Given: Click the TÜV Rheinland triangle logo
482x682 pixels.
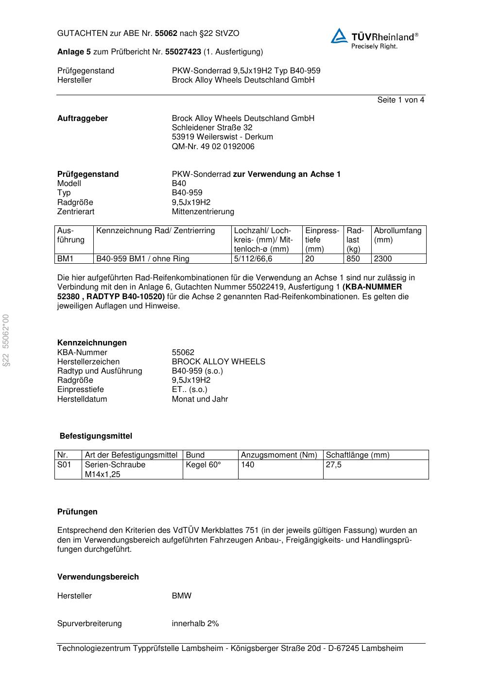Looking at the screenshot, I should (x=339, y=36).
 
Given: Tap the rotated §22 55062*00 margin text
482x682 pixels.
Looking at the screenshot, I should (x=6, y=341).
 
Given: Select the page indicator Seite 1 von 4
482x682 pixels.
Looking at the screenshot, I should (x=400, y=100).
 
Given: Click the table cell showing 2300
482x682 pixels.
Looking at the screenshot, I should (x=383, y=259).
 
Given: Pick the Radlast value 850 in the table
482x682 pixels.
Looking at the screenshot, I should (x=353, y=259).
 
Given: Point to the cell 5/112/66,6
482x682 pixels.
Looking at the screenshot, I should (x=253, y=259).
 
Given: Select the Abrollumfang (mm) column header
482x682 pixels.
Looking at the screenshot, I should (x=397, y=235).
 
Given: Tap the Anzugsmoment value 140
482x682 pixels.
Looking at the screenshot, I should (x=248, y=465).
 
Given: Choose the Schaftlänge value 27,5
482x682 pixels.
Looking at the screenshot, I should (x=334, y=465).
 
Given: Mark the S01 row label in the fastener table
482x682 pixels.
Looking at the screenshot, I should (x=64, y=465).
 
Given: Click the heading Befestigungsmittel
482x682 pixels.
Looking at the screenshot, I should (x=96, y=436).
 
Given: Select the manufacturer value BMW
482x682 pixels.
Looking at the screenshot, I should (x=182, y=596).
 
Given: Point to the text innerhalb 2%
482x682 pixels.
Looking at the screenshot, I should (x=195, y=623).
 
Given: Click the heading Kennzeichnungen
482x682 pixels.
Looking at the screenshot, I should (x=92, y=342).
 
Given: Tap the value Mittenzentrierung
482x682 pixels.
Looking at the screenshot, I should (x=203, y=211).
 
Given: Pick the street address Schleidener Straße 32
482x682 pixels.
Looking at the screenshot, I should (x=212, y=127).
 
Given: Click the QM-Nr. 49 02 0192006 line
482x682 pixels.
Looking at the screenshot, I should (x=213, y=146).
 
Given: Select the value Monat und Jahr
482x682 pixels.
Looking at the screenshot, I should (x=200, y=399).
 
